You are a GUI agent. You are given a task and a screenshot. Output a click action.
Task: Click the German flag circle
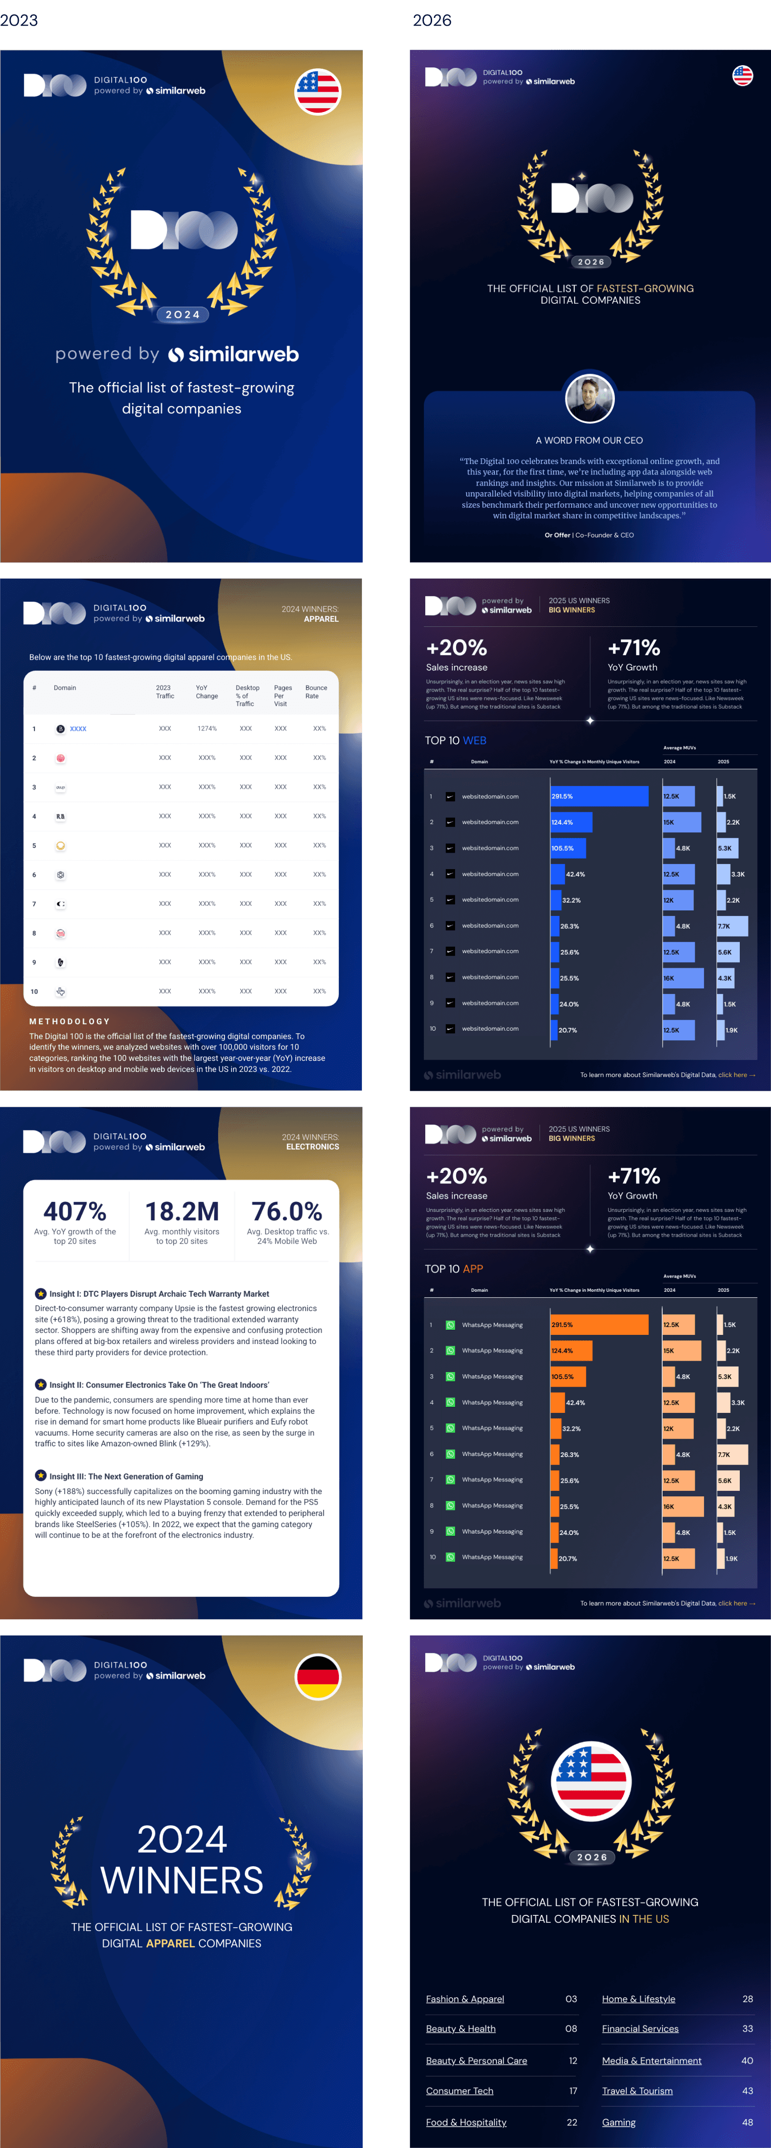[318, 1677]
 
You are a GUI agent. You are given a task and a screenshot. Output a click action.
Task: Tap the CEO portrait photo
[590, 399]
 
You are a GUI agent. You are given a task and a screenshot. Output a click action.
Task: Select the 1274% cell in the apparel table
[207, 729]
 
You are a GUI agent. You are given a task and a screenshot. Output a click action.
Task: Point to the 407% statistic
[75, 1211]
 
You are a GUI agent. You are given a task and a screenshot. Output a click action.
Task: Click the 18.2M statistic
[182, 1211]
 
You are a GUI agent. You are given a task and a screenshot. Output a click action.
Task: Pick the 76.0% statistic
[287, 1211]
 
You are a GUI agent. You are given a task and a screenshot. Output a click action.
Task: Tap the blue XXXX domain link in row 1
[79, 729]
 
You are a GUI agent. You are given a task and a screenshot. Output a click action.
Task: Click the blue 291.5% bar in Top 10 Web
[599, 796]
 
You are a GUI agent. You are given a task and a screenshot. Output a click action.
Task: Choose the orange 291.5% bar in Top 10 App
[599, 1325]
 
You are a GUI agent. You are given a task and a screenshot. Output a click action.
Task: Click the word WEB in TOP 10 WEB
[475, 741]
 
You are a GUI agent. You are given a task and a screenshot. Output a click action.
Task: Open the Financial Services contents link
[640, 2029]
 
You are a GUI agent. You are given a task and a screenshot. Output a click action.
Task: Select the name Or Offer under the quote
[557, 536]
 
